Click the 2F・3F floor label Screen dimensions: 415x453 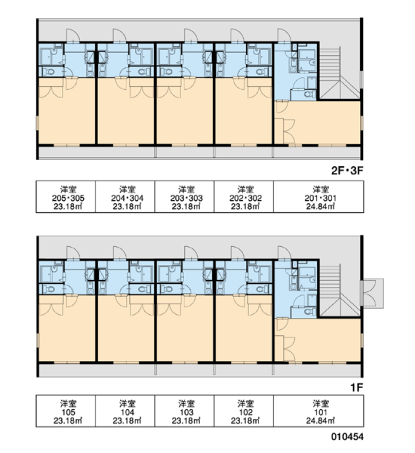347,171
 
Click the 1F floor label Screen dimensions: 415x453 357,388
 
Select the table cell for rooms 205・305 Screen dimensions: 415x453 66,197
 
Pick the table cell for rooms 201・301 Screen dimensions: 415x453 318,197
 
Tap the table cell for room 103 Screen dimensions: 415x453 185,411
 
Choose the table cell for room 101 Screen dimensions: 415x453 318,411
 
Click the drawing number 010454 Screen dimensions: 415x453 347,436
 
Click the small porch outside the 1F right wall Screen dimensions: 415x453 373,293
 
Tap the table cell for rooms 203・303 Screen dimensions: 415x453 185,197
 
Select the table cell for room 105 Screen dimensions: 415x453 66,411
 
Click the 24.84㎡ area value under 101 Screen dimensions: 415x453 321,421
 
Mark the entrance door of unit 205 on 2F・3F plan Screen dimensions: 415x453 72,35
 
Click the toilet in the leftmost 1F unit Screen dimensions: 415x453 49,289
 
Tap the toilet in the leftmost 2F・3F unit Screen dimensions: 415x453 49,72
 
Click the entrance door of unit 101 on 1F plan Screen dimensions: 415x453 284,253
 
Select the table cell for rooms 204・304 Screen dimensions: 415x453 125,197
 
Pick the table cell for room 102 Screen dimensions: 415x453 244,411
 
